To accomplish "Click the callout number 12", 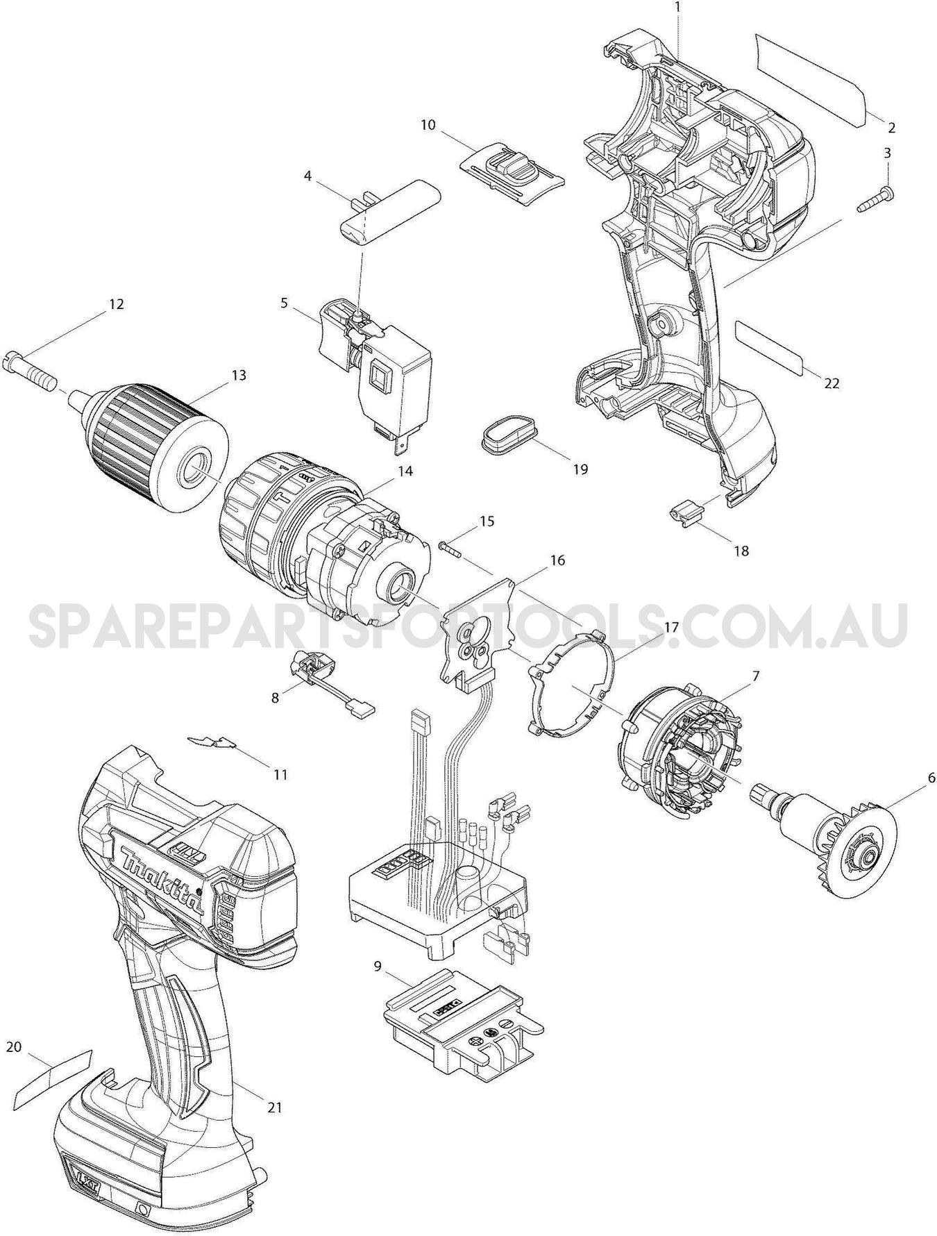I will click(x=115, y=304).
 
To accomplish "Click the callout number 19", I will click(x=580, y=469).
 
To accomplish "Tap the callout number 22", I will click(x=832, y=383).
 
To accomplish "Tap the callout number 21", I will click(x=275, y=1107).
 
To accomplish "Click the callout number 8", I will click(x=276, y=696).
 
